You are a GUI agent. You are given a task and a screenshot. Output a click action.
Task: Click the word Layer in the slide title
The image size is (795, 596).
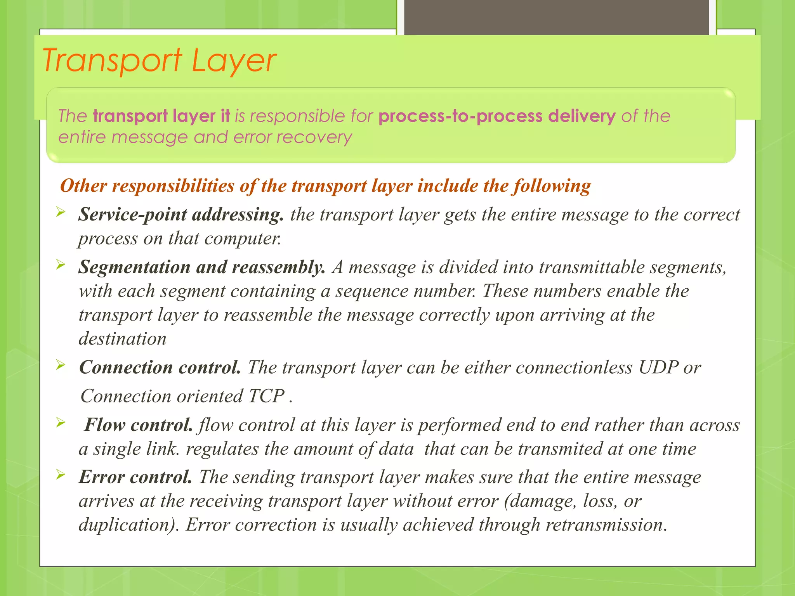pyautogui.click(x=234, y=61)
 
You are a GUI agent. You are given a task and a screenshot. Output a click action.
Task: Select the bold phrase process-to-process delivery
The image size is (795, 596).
pyautogui.click(x=497, y=116)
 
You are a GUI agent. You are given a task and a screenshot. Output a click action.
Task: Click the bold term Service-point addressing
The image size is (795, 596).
pyautogui.click(x=181, y=215)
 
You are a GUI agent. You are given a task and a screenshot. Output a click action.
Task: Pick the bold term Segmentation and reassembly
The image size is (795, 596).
pyautogui.click(x=202, y=267)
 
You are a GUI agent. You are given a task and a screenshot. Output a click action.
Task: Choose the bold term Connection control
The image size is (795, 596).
pyautogui.click(x=160, y=367)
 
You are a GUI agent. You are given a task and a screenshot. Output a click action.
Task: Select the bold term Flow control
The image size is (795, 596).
pyautogui.click(x=139, y=425)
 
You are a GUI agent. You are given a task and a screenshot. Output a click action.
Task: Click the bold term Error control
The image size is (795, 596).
pyautogui.click(x=135, y=477)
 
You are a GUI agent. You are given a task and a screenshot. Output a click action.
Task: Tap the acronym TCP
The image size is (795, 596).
pyautogui.click(x=266, y=396)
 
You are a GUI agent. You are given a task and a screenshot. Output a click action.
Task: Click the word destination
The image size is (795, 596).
pyautogui.click(x=123, y=339)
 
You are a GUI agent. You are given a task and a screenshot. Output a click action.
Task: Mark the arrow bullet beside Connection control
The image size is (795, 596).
pyautogui.click(x=60, y=365)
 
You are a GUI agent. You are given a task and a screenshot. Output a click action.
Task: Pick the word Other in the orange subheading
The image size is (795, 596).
pyautogui.click(x=83, y=186)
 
